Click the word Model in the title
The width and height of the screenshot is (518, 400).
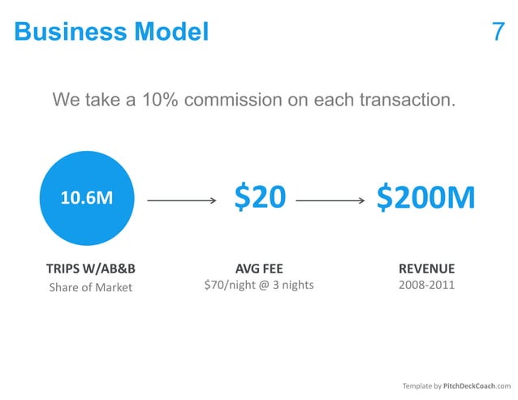coord(171,32)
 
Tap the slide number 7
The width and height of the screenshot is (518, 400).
coord(499,32)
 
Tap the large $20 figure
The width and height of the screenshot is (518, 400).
coord(260,197)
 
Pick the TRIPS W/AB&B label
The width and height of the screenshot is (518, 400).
coord(90,269)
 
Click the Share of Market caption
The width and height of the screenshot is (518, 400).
coord(90,287)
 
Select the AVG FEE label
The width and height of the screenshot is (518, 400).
coord(259,269)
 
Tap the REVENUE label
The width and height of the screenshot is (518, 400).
coord(426,269)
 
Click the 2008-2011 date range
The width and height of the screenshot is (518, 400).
coord(426,286)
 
